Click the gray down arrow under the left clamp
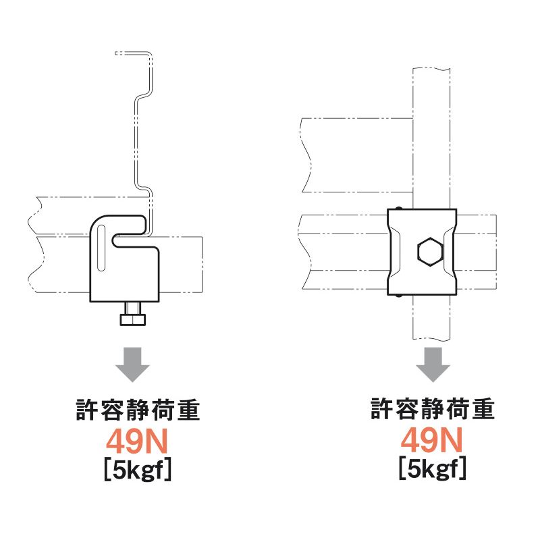click(x=132, y=364)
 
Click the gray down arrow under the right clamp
click(x=433, y=364)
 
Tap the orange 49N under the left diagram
click(x=137, y=441)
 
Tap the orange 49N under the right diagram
click(x=431, y=440)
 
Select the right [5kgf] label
click(x=433, y=468)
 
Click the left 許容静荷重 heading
click(x=138, y=410)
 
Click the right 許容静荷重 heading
click(x=433, y=408)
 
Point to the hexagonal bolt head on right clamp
click(x=429, y=252)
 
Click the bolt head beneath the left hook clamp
click(x=133, y=319)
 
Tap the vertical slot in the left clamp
click(x=102, y=248)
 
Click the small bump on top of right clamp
click(x=399, y=208)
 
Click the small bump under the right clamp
click(x=399, y=296)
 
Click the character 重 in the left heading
click(x=189, y=410)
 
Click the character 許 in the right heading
click(x=381, y=408)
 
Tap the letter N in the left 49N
click(x=158, y=441)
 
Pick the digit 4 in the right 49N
click(x=410, y=440)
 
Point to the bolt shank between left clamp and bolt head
click(x=133, y=308)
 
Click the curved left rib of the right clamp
click(x=395, y=252)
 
